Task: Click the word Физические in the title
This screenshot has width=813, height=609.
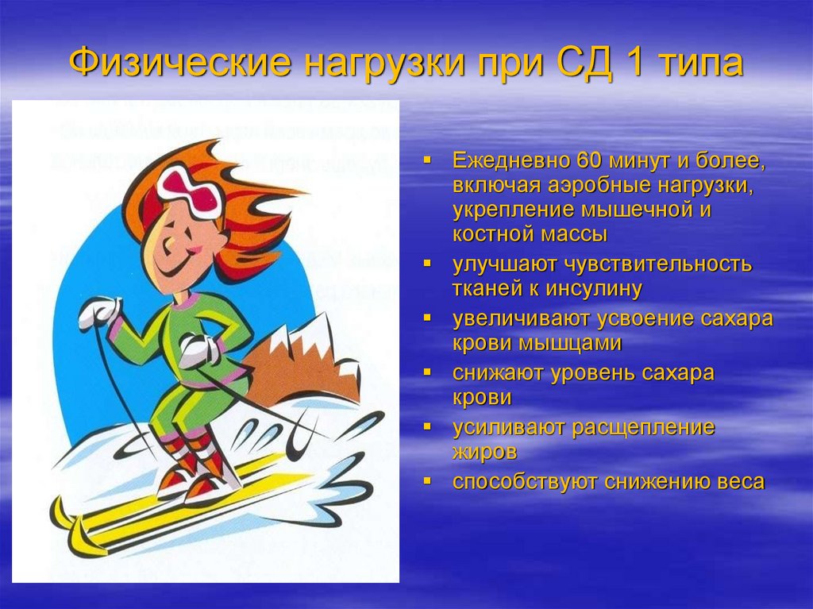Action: click(x=180, y=64)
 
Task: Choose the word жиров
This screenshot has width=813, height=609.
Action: click(x=485, y=453)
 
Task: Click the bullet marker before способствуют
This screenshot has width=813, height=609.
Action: click(x=428, y=481)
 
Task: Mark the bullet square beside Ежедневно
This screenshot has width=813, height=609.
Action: click(x=428, y=160)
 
